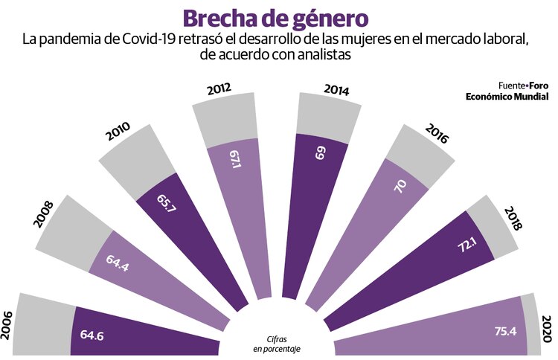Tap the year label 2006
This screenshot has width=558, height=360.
[8, 325]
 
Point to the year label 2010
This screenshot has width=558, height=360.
[118, 131]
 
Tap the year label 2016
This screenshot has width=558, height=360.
[437, 134]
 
